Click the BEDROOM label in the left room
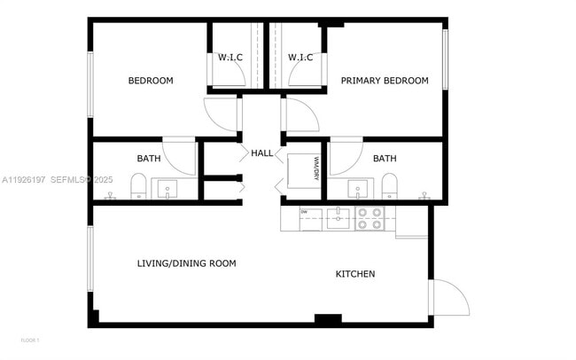point(151,81)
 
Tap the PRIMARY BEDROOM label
point(385,81)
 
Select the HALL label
point(262,153)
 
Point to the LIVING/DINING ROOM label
point(186,263)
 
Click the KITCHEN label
point(354,274)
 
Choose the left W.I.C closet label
point(230,58)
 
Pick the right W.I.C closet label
point(300,58)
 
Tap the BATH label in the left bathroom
point(149,159)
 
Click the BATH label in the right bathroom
point(385,159)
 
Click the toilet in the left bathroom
point(138,186)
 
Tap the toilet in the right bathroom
point(390,186)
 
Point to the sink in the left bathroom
point(166,189)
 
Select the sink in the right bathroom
point(358,189)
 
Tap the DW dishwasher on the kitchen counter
point(309,218)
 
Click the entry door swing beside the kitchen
point(448,297)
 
